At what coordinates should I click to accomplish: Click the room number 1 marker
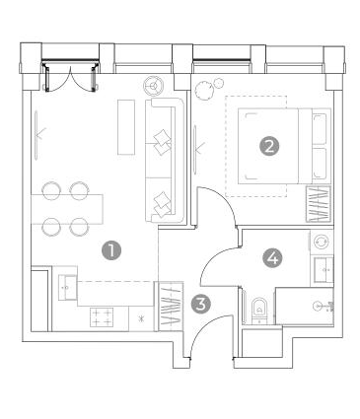[111, 250]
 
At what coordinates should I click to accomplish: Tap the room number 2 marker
[269, 146]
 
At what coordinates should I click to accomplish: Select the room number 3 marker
[200, 304]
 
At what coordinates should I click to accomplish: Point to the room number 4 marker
[272, 257]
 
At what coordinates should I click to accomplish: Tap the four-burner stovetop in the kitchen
[102, 317]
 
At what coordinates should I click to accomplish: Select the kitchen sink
[67, 288]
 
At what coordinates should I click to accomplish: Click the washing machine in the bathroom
[322, 243]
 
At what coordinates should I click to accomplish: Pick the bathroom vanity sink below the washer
[324, 270]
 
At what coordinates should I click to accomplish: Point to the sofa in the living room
[165, 161]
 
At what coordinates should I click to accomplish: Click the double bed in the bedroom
[284, 146]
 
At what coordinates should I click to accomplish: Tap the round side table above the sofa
[154, 86]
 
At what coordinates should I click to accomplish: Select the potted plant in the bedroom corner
[209, 88]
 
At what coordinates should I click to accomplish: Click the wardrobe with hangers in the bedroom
[319, 204]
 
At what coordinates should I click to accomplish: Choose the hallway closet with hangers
[171, 307]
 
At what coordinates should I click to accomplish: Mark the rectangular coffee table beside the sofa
[126, 127]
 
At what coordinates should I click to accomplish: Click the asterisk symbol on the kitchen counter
[141, 318]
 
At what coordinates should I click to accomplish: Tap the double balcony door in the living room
[71, 76]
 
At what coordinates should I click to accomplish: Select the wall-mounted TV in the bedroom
[195, 149]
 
